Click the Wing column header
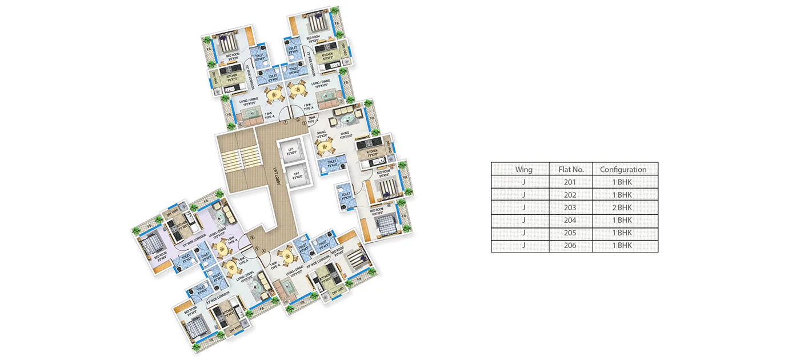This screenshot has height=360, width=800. click(x=523, y=169)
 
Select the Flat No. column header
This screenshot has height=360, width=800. click(x=570, y=169)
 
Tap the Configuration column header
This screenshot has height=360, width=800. click(x=623, y=169)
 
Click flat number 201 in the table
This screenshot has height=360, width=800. click(x=570, y=182)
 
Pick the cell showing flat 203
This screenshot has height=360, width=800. click(x=570, y=207)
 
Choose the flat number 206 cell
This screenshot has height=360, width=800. click(x=570, y=246)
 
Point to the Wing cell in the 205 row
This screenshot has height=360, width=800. click(x=523, y=233)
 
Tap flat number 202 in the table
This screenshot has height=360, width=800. click(x=570, y=195)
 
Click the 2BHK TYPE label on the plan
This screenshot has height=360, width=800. click(x=312, y=121)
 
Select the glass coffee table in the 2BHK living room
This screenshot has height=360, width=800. click(x=349, y=120)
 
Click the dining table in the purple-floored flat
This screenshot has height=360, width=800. click(x=220, y=246)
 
